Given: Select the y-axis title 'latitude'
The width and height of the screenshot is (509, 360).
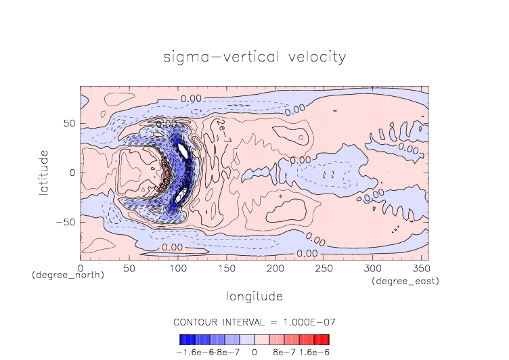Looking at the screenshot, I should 44,173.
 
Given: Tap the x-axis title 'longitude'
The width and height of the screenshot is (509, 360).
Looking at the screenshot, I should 255,296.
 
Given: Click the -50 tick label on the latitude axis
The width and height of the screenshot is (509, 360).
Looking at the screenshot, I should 68,221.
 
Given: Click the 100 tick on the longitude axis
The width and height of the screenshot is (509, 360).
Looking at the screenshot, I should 177,269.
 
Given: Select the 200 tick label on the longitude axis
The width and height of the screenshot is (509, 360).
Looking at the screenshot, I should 274,269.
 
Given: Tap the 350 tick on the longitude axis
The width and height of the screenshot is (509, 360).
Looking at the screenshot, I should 420,269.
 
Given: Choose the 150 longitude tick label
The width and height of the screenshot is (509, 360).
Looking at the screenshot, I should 225,269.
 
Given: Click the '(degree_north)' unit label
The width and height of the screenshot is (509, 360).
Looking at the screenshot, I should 68,275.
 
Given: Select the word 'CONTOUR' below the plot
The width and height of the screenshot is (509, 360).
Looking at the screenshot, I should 197,321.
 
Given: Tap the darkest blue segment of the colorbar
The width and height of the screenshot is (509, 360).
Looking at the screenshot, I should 183,340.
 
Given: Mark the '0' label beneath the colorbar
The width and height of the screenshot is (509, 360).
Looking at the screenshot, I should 255,352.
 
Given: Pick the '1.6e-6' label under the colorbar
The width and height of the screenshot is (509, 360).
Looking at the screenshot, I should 313,352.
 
